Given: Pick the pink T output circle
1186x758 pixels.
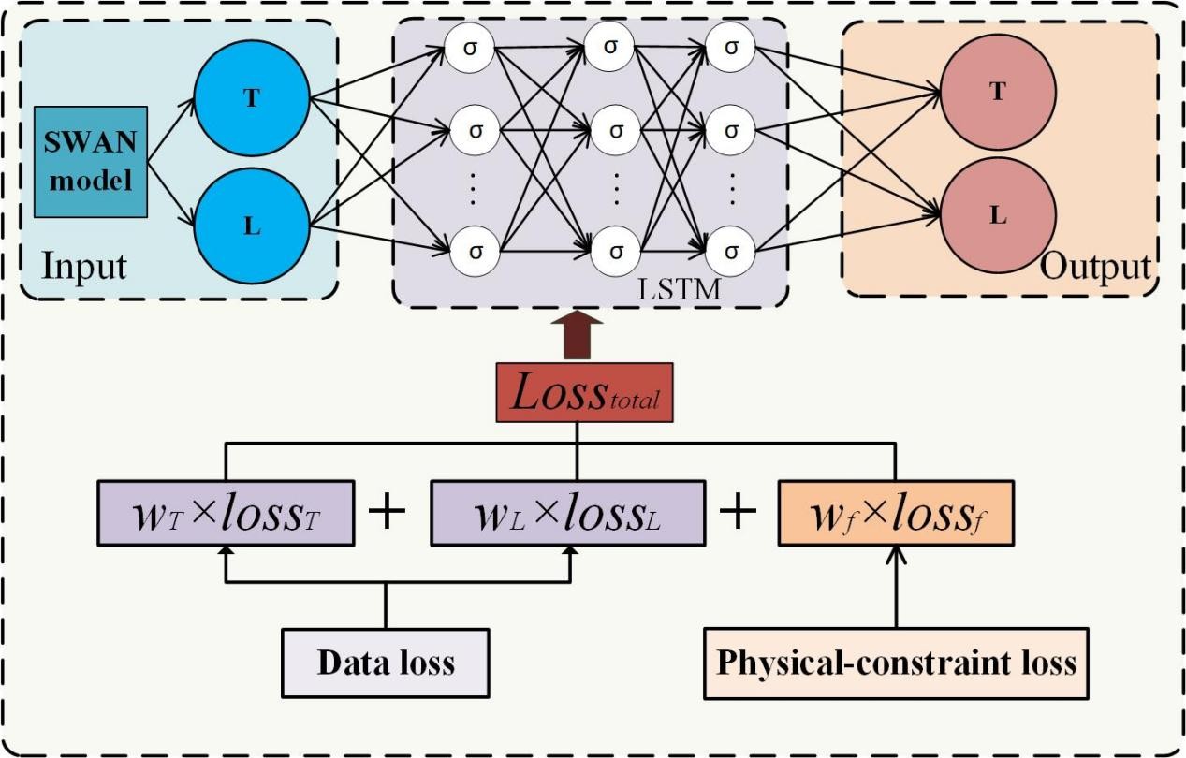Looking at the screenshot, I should [998, 92].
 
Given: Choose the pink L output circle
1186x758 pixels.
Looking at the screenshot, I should [998, 215].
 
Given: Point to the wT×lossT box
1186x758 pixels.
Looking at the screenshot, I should [226, 514].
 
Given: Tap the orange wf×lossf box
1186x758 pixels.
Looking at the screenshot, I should [897, 514].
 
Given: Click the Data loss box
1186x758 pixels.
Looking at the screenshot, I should [386, 663].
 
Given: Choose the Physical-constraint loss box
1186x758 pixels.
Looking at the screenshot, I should [896, 663].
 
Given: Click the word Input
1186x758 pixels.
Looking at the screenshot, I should [83, 267].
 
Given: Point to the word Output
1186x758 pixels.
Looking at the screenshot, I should [1095, 267].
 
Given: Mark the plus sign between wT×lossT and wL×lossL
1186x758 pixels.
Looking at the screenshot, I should [390, 514].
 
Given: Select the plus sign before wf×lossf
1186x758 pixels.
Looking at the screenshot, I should [738, 514].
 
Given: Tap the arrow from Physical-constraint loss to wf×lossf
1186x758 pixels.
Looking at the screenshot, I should [897, 590].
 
